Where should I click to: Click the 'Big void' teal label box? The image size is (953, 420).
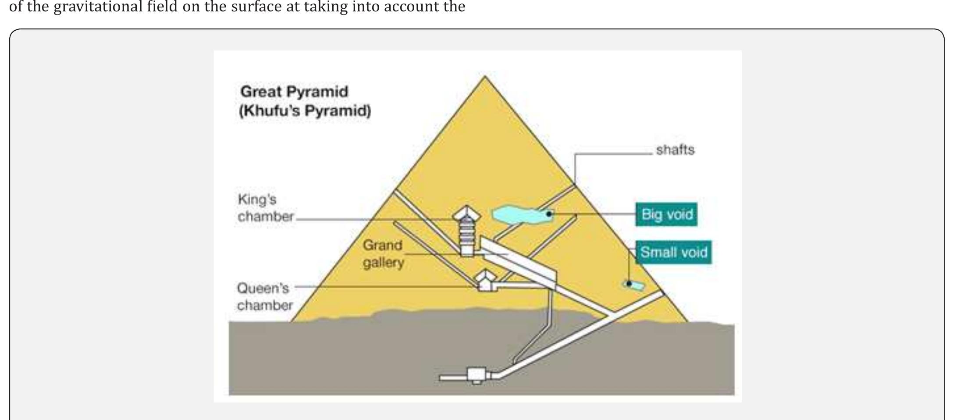tap(666, 214)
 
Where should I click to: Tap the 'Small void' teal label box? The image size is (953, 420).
tap(674, 252)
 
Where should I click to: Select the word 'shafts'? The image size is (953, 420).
tap(675, 150)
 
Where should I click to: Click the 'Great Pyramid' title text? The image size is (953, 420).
tap(294, 92)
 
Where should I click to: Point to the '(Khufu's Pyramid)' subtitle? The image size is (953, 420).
tap(305, 110)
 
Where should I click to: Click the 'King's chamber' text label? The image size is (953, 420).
tap(266, 208)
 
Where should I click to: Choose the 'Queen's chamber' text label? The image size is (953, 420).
tap(265, 297)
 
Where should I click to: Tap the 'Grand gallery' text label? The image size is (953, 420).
tap(383, 254)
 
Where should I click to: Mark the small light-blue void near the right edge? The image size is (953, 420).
tap(634, 285)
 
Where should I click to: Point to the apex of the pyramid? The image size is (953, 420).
tap(485, 76)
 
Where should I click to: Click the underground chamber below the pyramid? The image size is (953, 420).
tap(477, 375)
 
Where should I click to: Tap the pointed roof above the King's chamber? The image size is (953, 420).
tap(467, 214)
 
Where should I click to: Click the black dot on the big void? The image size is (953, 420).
tap(549, 214)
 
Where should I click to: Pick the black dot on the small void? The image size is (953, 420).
tap(629, 284)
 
